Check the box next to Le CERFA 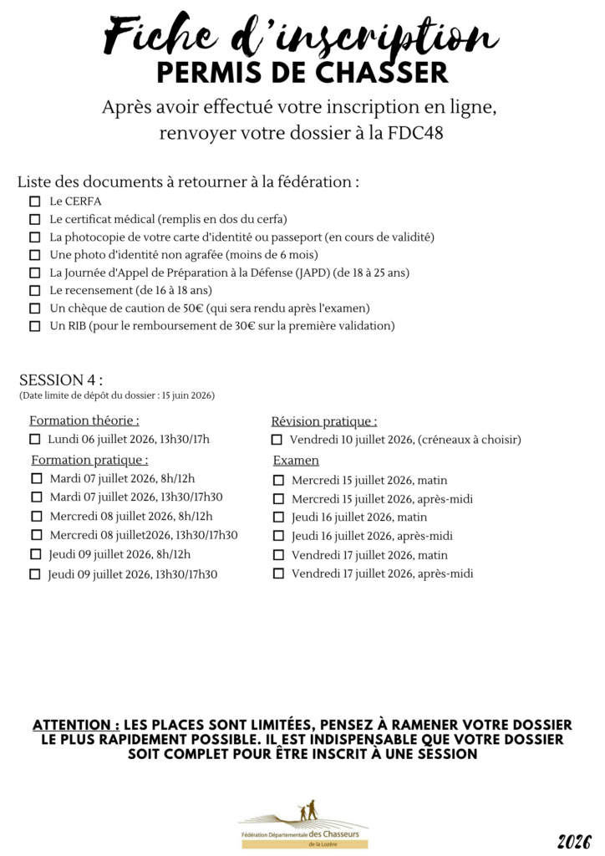[34, 201]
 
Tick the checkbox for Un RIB [34, 326]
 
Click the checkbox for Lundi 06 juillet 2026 [34, 439]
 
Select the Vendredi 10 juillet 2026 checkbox [277, 439]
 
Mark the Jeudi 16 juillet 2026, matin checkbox [278, 517]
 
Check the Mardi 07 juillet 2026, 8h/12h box [36, 479]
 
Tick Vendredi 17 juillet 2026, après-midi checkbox [278, 573]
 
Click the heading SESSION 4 [60, 380]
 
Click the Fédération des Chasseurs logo [302, 823]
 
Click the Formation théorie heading [84, 420]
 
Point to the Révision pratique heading [324, 421]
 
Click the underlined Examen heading [296, 461]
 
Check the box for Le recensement [34, 290]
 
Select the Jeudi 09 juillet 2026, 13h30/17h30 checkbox [34, 574]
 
